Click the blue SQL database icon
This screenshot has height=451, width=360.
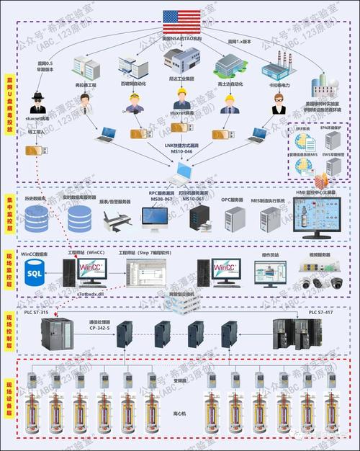coord(34,274)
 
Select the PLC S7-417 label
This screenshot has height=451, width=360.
coord(323,313)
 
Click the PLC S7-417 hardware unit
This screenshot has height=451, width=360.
coord(295,335)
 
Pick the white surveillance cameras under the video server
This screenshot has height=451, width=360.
coord(321,282)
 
